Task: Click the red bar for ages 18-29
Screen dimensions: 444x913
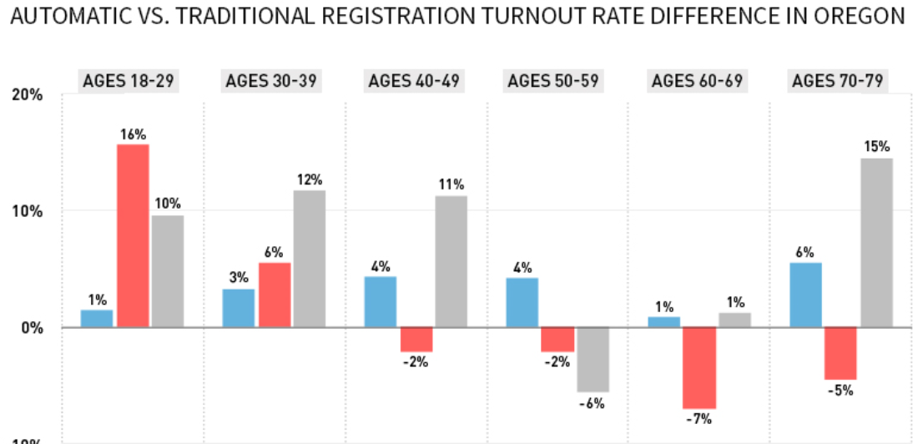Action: (x=133, y=235)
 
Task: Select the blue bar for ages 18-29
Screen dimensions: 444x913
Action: (x=97, y=318)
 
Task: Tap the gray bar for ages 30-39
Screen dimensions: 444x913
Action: (x=310, y=258)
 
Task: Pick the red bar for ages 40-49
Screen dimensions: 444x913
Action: (x=416, y=339)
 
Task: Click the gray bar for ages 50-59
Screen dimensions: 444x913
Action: (x=593, y=359)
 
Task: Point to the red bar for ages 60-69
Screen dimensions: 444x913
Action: (x=699, y=367)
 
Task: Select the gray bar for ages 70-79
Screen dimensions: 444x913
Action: (x=876, y=242)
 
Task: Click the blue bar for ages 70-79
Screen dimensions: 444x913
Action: (x=805, y=295)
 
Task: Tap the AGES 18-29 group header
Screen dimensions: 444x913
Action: (x=132, y=81)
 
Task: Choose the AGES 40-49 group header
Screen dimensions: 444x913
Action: (x=416, y=81)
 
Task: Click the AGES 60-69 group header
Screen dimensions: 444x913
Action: (x=699, y=81)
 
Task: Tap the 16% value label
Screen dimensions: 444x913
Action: (x=133, y=134)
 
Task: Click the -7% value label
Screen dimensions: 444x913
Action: (x=699, y=419)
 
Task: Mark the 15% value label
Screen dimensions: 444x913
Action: (x=876, y=147)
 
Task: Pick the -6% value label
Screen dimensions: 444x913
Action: (x=593, y=403)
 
